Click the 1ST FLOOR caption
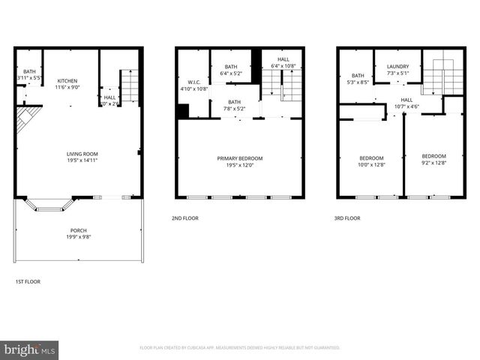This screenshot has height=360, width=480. click(x=28, y=281)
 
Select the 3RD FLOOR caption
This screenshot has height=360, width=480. click(x=348, y=218)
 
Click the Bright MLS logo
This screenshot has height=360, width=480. click(x=30, y=349)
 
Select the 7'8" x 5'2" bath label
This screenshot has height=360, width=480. click(x=235, y=106)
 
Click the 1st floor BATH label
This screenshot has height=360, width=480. click(x=29, y=74)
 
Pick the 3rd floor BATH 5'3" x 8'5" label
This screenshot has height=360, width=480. click(x=358, y=79)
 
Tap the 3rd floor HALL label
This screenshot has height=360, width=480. click(x=406, y=103)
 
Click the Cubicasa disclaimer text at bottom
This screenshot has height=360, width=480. click(x=240, y=348)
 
